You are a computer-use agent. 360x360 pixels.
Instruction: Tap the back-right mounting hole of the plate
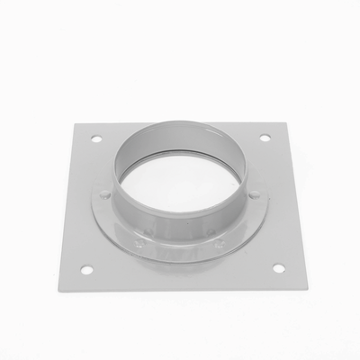265,138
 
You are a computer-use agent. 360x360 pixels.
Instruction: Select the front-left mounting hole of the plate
86,269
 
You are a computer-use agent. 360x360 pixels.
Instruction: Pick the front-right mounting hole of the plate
278,268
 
